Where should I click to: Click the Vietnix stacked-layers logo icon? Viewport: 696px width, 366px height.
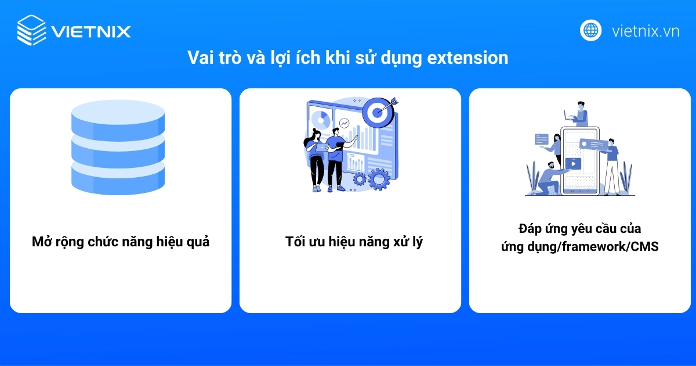click(x=31, y=30)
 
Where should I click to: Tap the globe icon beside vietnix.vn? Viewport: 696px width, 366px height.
click(x=590, y=30)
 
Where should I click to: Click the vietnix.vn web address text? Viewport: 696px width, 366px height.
click(x=646, y=31)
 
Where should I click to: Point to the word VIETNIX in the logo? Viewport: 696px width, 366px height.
click(x=91, y=31)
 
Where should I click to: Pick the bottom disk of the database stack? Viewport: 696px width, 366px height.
click(x=118, y=179)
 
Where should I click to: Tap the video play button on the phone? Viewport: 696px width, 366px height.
click(x=573, y=164)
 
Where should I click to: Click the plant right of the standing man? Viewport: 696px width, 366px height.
click(x=626, y=177)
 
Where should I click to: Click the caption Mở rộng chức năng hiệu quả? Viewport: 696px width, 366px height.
click(x=121, y=242)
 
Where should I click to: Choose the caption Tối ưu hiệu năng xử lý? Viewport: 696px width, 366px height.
click(x=354, y=242)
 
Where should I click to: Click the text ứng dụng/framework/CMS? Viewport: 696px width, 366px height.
click(x=580, y=246)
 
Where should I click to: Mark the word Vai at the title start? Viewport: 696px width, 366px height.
click(x=199, y=58)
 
